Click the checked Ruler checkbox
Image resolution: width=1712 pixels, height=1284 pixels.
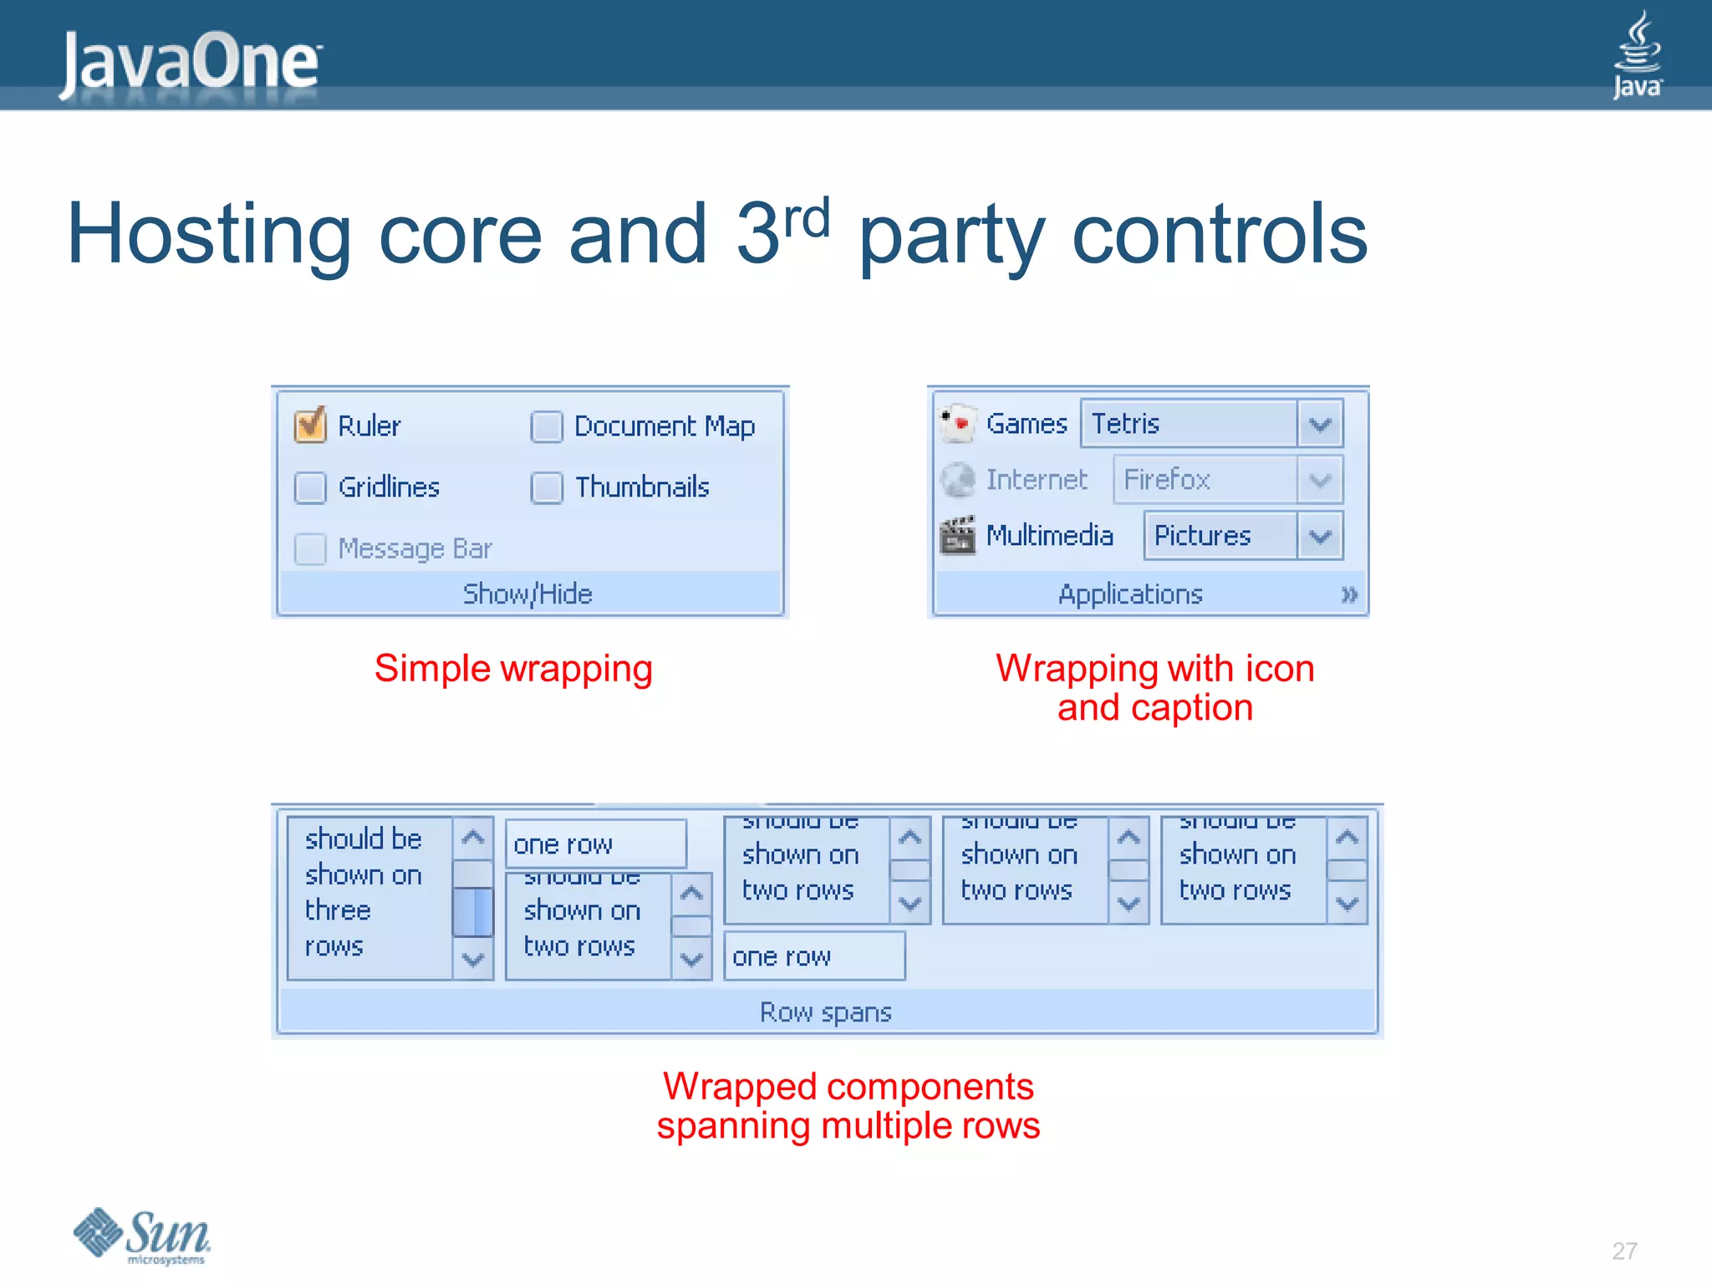click(x=310, y=425)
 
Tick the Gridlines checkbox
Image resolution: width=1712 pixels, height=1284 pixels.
click(x=310, y=487)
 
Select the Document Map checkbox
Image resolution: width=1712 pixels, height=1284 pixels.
click(x=547, y=426)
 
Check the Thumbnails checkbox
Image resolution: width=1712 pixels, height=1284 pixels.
click(x=547, y=487)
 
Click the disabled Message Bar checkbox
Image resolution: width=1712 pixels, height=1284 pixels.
click(x=310, y=549)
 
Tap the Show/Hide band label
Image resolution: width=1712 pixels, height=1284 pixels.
click(x=527, y=594)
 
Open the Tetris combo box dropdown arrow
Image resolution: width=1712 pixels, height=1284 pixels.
click(x=1320, y=424)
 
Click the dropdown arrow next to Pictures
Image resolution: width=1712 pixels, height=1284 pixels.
click(x=1320, y=536)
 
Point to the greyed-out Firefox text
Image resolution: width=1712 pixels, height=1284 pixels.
click(x=1166, y=480)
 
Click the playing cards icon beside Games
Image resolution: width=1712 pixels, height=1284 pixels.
click(x=957, y=423)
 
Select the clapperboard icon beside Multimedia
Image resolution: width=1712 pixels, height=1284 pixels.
click(x=957, y=535)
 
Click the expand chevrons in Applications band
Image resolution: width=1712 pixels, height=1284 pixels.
click(x=1348, y=595)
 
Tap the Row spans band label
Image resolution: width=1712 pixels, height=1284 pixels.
click(x=825, y=1012)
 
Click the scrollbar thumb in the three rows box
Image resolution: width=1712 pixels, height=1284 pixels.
click(x=473, y=912)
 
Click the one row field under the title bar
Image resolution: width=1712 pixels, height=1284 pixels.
click(x=595, y=844)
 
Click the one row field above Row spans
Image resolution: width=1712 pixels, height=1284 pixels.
click(x=813, y=956)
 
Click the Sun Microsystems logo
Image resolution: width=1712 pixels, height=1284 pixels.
click(x=142, y=1236)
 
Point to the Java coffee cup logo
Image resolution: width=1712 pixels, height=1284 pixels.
click(x=1637, y=54)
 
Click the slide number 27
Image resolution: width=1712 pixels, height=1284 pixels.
click(x=1623, y=1251)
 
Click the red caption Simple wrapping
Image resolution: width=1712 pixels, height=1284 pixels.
click(x=513, y=669)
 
